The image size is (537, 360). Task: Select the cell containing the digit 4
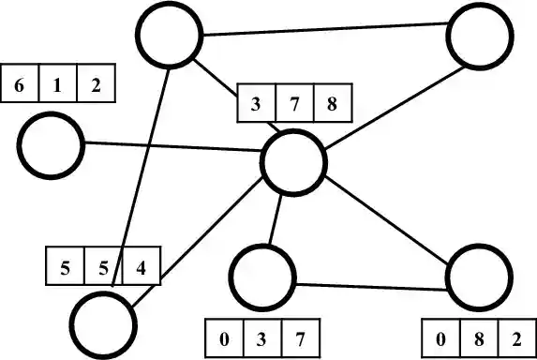click(141, 266)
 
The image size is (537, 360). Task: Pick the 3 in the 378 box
click(257, 103)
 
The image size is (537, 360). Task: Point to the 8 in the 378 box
click(332, 103)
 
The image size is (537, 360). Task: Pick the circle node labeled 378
click(294, 161)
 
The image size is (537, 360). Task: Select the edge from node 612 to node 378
click(172, 152)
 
